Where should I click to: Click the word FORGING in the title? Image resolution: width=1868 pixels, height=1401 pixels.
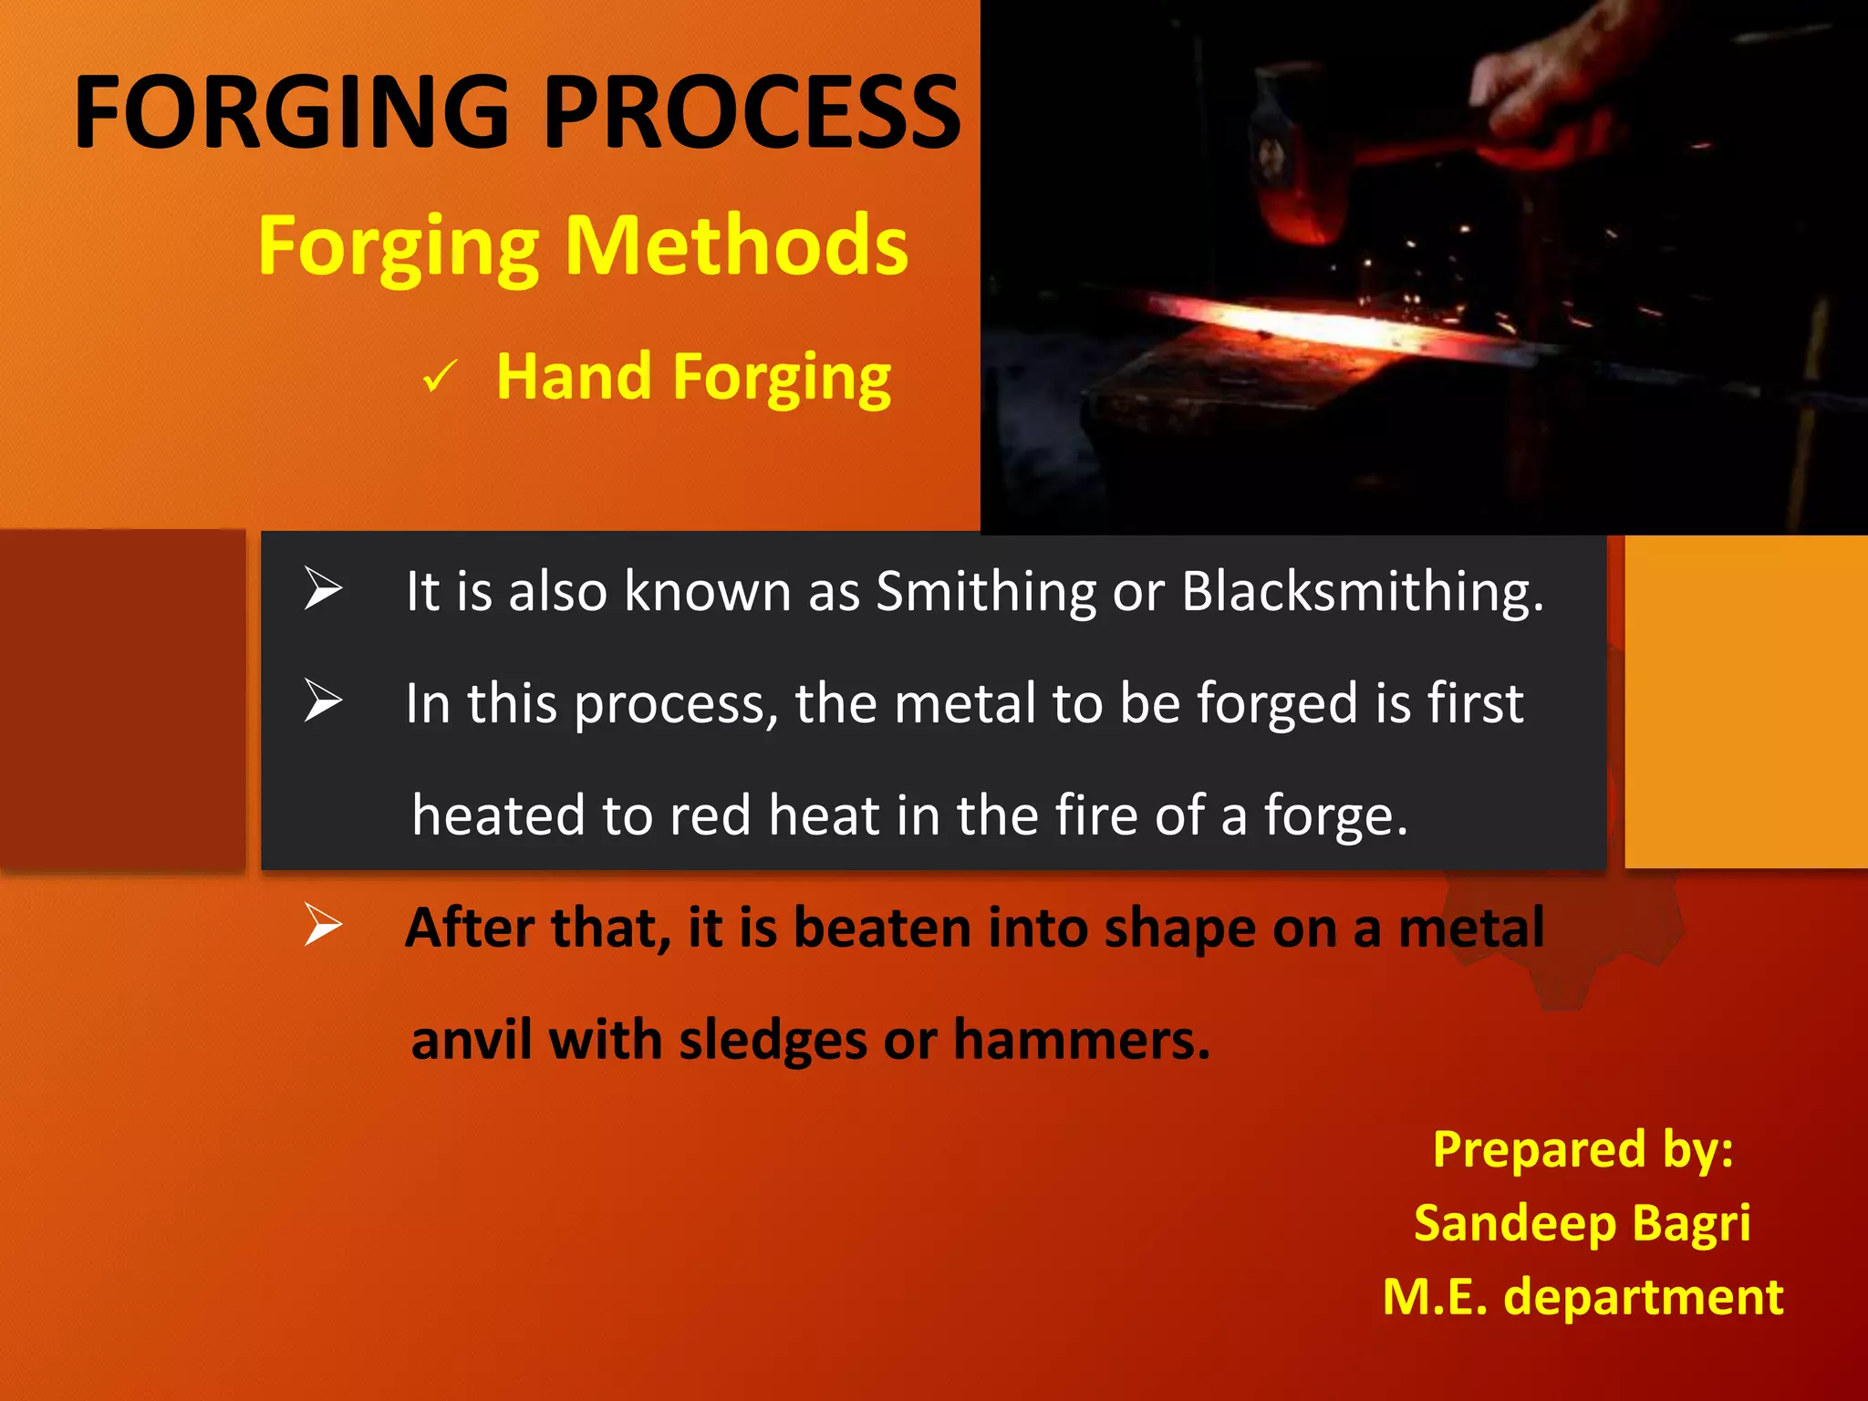(x=290, y=113)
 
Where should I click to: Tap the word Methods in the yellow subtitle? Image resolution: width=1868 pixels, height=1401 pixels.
(x=736, y=246)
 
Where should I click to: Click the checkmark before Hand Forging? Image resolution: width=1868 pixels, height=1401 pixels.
(x=440, y=377)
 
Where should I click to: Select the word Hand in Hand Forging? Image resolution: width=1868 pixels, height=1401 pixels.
(x=574, y=377)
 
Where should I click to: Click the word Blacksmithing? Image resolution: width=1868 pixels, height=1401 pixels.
(x=1362, y=591)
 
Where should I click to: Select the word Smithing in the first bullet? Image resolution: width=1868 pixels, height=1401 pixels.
(x=985, y=591)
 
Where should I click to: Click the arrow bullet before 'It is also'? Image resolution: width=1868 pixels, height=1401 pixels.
(x=322, y=588)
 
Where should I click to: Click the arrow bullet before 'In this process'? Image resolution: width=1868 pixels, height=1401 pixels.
(x=322, y=701)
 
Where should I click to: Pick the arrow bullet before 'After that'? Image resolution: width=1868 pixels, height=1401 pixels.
(x=322, y=925)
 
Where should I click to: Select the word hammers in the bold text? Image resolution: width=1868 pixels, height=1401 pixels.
(x=1081, y=1040)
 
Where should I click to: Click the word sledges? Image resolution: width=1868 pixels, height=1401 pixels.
(x=772, y=1040)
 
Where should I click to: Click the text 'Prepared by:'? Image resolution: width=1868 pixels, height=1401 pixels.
(x=1583, y=1149)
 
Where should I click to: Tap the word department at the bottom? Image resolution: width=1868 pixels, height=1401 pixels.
(x=1643, y=1297)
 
